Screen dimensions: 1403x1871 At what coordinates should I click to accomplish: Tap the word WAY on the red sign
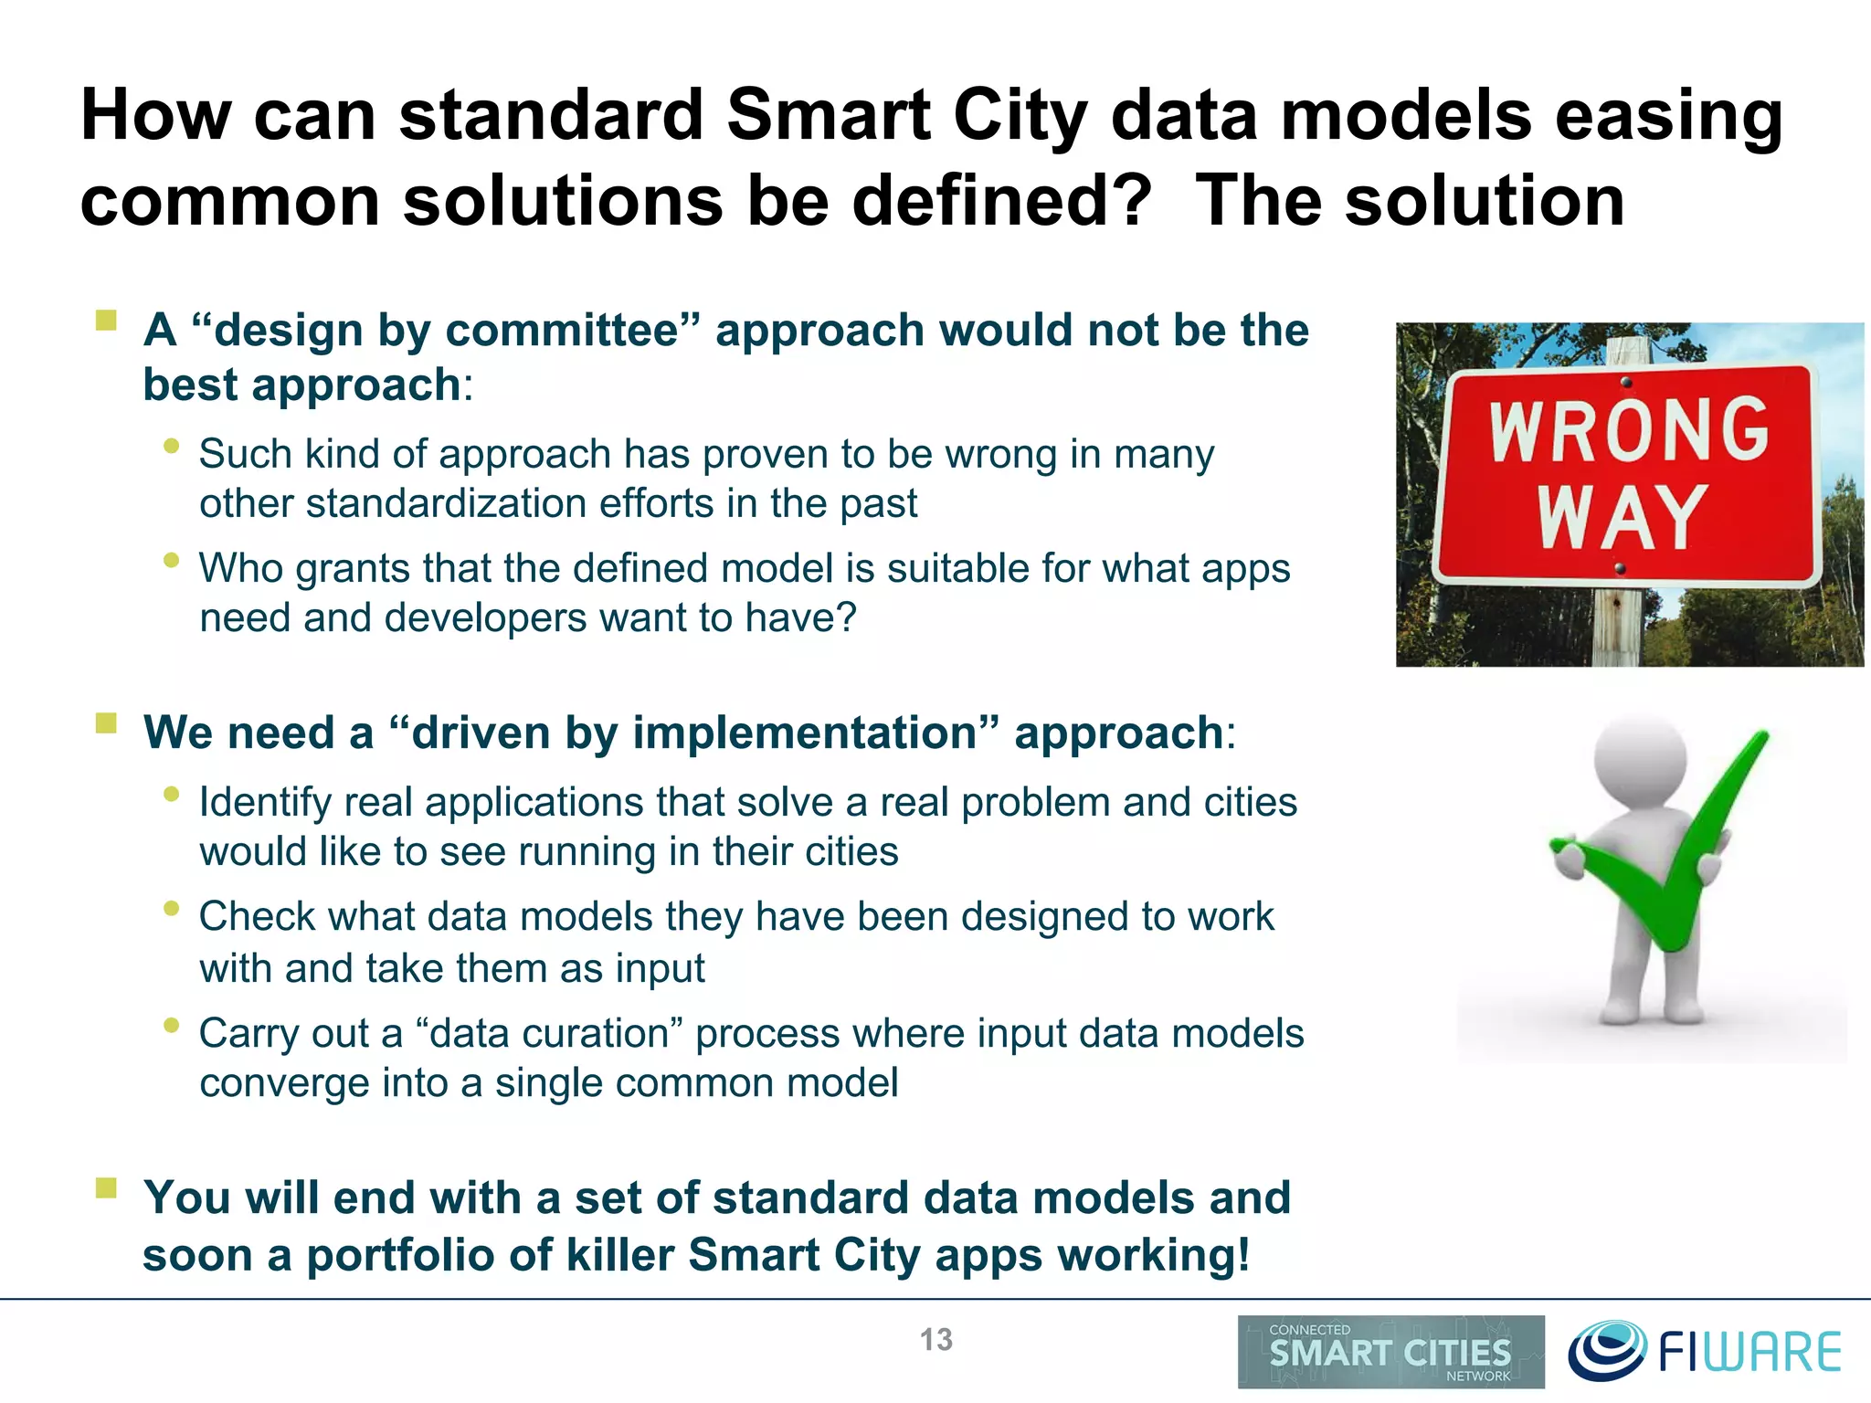1622,517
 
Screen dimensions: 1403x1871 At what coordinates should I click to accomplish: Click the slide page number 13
935,1340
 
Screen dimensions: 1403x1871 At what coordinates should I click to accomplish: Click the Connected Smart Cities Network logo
1390,1352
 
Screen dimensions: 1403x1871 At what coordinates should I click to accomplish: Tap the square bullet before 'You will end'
107,1187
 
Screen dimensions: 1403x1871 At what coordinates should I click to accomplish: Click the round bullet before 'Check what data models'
171,908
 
